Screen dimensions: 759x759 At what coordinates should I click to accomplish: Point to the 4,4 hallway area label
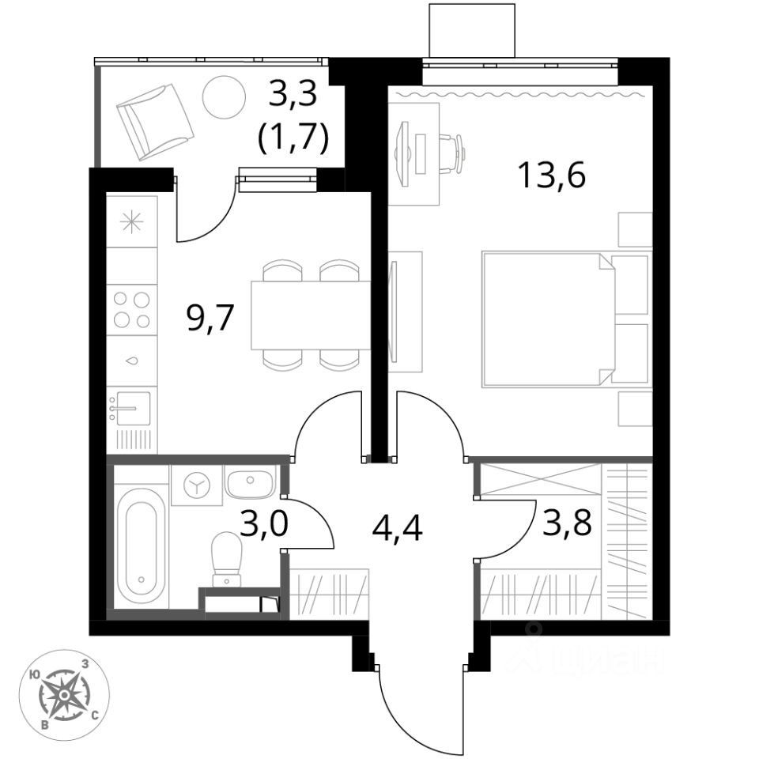[x=397, y=526]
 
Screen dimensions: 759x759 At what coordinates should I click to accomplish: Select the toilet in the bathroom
[x=227, y=558]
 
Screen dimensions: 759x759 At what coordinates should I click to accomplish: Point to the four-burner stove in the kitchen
[x=132, y=309]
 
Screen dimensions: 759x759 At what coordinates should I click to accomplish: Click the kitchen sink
[x=130, y=407]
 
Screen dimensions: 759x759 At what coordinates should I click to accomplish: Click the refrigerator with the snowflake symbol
[x=131, y=222]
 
